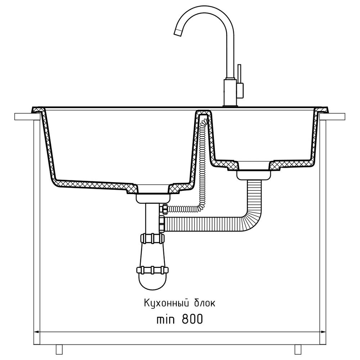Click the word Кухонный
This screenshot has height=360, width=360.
point(166,303)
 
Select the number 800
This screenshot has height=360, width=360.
point(192,319)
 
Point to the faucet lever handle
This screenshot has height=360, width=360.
point(239,73)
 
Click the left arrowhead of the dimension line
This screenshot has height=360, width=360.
point(37,332)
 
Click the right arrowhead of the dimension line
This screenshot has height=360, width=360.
point(323,332)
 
